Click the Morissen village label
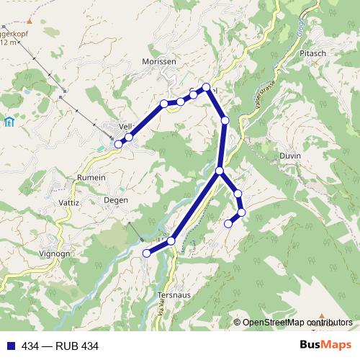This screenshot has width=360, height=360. point(159,62)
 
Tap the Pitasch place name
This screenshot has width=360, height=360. point(315,55)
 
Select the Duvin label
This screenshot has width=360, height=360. point(289,156)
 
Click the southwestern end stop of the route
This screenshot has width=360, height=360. point(146,253)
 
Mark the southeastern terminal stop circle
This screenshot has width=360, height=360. point(229,224)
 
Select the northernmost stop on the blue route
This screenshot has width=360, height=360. point(207,87)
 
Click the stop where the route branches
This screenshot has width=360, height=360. point(220,171)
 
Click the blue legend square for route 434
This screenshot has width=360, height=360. point(9,346)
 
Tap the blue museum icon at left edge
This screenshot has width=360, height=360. point(8,122)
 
